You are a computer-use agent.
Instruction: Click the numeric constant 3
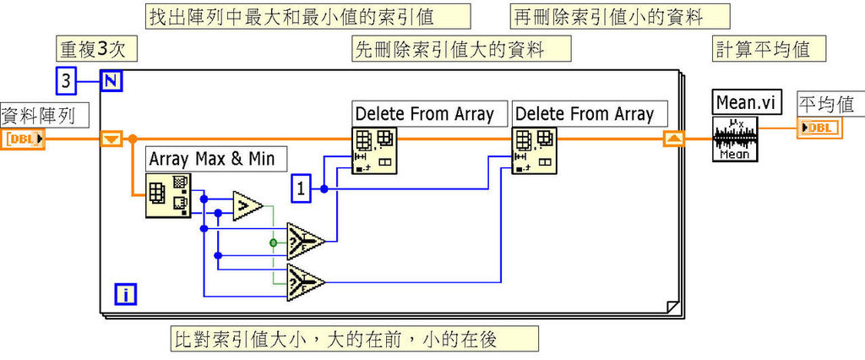click(x=67, y=81)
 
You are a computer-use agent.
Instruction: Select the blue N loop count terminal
click(x=111, y=81)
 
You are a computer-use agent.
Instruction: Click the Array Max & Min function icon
click(x=168, y=194)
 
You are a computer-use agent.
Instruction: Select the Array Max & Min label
click(x=216, y=158)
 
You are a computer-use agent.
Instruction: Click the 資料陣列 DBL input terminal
click(x=24, y=139)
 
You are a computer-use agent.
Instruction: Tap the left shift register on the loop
click(x=112, y=139)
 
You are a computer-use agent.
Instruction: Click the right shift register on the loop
click(x=673, y=139)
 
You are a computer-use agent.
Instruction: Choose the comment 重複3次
click(x=92, y=48)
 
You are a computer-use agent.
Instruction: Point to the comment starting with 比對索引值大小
click(x=353, y=339)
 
